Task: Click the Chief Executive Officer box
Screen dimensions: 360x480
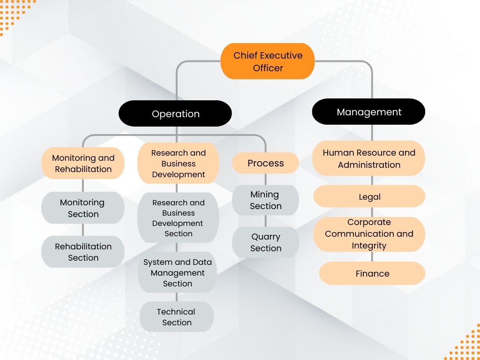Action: (268, 61)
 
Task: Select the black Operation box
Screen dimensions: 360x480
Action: (175, 114)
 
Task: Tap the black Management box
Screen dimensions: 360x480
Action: (369, 112)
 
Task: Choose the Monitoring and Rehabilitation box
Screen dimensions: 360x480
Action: (83, 164)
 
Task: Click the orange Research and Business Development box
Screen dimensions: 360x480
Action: (178, 164)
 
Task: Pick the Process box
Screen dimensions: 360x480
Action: (265, 163)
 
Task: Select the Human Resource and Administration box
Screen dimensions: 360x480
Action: (369, 158)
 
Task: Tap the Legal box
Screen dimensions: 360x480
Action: (369, 197)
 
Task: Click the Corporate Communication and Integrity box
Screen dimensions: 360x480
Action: (369, 234)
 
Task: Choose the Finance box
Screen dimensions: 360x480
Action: (372, 273)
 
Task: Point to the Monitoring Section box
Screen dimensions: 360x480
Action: (83, 208)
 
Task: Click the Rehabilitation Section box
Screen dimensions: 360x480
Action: (83, 252)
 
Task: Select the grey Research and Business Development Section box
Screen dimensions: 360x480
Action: (178, 218)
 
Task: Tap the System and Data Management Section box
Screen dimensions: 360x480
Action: (178, 273)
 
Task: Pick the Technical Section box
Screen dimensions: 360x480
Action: (177, 317)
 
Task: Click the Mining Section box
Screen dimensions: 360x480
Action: (265, 200)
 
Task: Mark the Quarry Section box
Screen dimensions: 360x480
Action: (265, 242)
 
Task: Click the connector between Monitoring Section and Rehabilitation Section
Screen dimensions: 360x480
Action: (83, 230)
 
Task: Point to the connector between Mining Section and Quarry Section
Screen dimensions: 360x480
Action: (265, 221)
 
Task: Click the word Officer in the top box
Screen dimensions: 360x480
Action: (268, 68)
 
